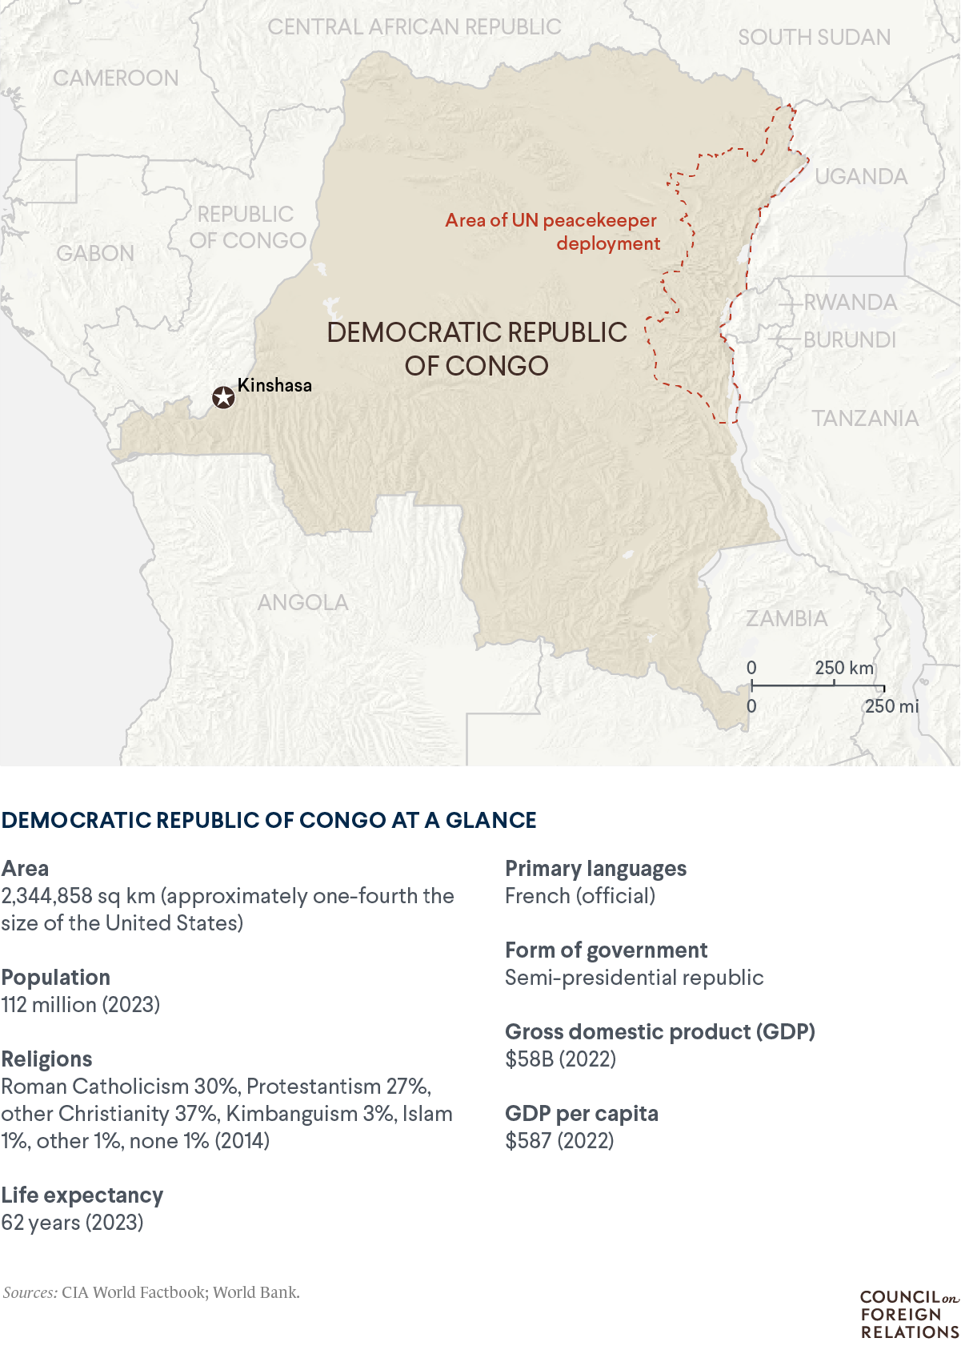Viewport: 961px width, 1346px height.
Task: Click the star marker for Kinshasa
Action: coord(223,397)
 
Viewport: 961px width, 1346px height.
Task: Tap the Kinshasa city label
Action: coord(274,385)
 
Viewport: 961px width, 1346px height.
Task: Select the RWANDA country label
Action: coord(850,303)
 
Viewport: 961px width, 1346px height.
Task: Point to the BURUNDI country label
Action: coord(849,340)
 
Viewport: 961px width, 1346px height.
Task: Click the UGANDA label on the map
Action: coord(861,177)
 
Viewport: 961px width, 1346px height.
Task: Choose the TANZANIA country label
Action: coord(865,419)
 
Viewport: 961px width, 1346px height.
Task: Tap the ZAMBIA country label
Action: coord(787,619)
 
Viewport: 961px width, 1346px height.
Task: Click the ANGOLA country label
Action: coord(302,603)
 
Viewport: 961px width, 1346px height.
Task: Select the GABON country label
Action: coord(95,254)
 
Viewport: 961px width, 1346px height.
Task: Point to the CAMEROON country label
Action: coord(116,78)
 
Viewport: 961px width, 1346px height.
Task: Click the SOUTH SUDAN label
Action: coord(814,38)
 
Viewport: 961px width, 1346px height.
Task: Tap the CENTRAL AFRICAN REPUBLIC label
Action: coord(414,27)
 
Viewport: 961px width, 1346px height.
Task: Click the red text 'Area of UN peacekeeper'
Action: coord(551,220)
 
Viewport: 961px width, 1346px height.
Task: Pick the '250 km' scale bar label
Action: coord(844,668)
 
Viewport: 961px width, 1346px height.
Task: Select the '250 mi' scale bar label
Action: coord(891,706)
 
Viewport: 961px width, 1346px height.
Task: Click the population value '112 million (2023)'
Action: coord(81,1005)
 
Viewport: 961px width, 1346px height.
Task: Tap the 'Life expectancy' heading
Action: coord(82,1195)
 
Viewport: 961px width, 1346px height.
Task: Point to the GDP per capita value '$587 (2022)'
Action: coord(559,1141)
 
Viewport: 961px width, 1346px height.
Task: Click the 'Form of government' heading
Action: coord(606,950)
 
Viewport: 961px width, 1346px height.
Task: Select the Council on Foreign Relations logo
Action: coord(909,1314)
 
